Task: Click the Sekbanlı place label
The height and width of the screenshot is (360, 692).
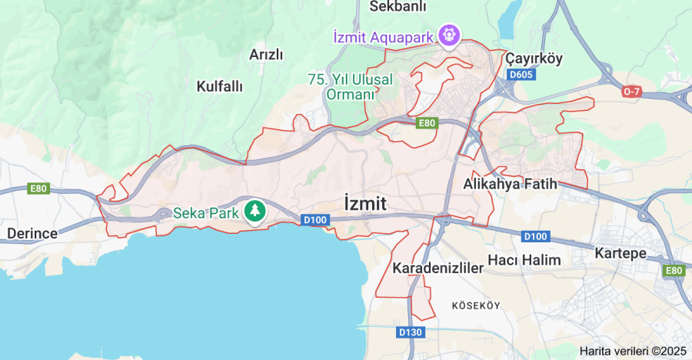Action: click(x=398, y=7)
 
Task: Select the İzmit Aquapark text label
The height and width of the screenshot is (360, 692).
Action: click(x=382, y=36)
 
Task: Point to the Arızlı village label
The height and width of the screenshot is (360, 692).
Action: click(x=267, y=55)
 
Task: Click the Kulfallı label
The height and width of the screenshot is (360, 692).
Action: click(x=219, y=85)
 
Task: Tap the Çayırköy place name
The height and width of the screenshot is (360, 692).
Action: click(x=534, y=58)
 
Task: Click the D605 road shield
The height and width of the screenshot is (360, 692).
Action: click(x=521, y=75)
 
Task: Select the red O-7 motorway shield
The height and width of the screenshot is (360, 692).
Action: click(x=631, y=92)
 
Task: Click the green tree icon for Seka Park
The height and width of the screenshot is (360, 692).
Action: click(x=255, y=211)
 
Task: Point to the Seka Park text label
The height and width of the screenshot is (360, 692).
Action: click(x=205, y=212)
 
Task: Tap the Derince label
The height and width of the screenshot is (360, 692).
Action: click(x=32, y=233)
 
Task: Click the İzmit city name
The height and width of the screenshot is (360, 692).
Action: click(x=365, y=203)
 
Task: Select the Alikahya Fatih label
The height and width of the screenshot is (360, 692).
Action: click(x=510, y=185)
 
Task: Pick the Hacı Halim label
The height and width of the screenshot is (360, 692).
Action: click(x=530, y=260)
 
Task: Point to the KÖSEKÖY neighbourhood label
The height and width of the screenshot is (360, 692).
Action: click(x=476, y=305)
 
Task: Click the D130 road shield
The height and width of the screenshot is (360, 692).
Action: click(x=411, y=332)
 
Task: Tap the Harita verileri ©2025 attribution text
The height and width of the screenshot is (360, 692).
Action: click(x=633, y=351)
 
